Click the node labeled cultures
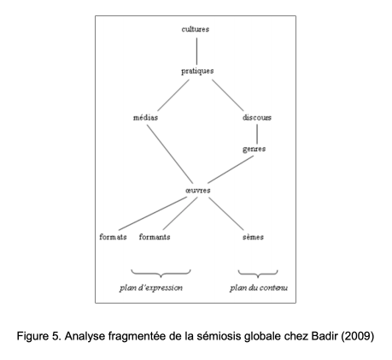196,29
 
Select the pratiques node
197,71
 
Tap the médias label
145,117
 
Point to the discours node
257,117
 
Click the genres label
254,149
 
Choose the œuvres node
198,191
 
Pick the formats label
113,237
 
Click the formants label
155,237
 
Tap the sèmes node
253,237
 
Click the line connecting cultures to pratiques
196,51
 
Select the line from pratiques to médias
173,95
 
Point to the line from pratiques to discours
228,95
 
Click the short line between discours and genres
257,134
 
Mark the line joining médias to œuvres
170,154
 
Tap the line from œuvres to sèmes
226,214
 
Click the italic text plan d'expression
151,288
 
